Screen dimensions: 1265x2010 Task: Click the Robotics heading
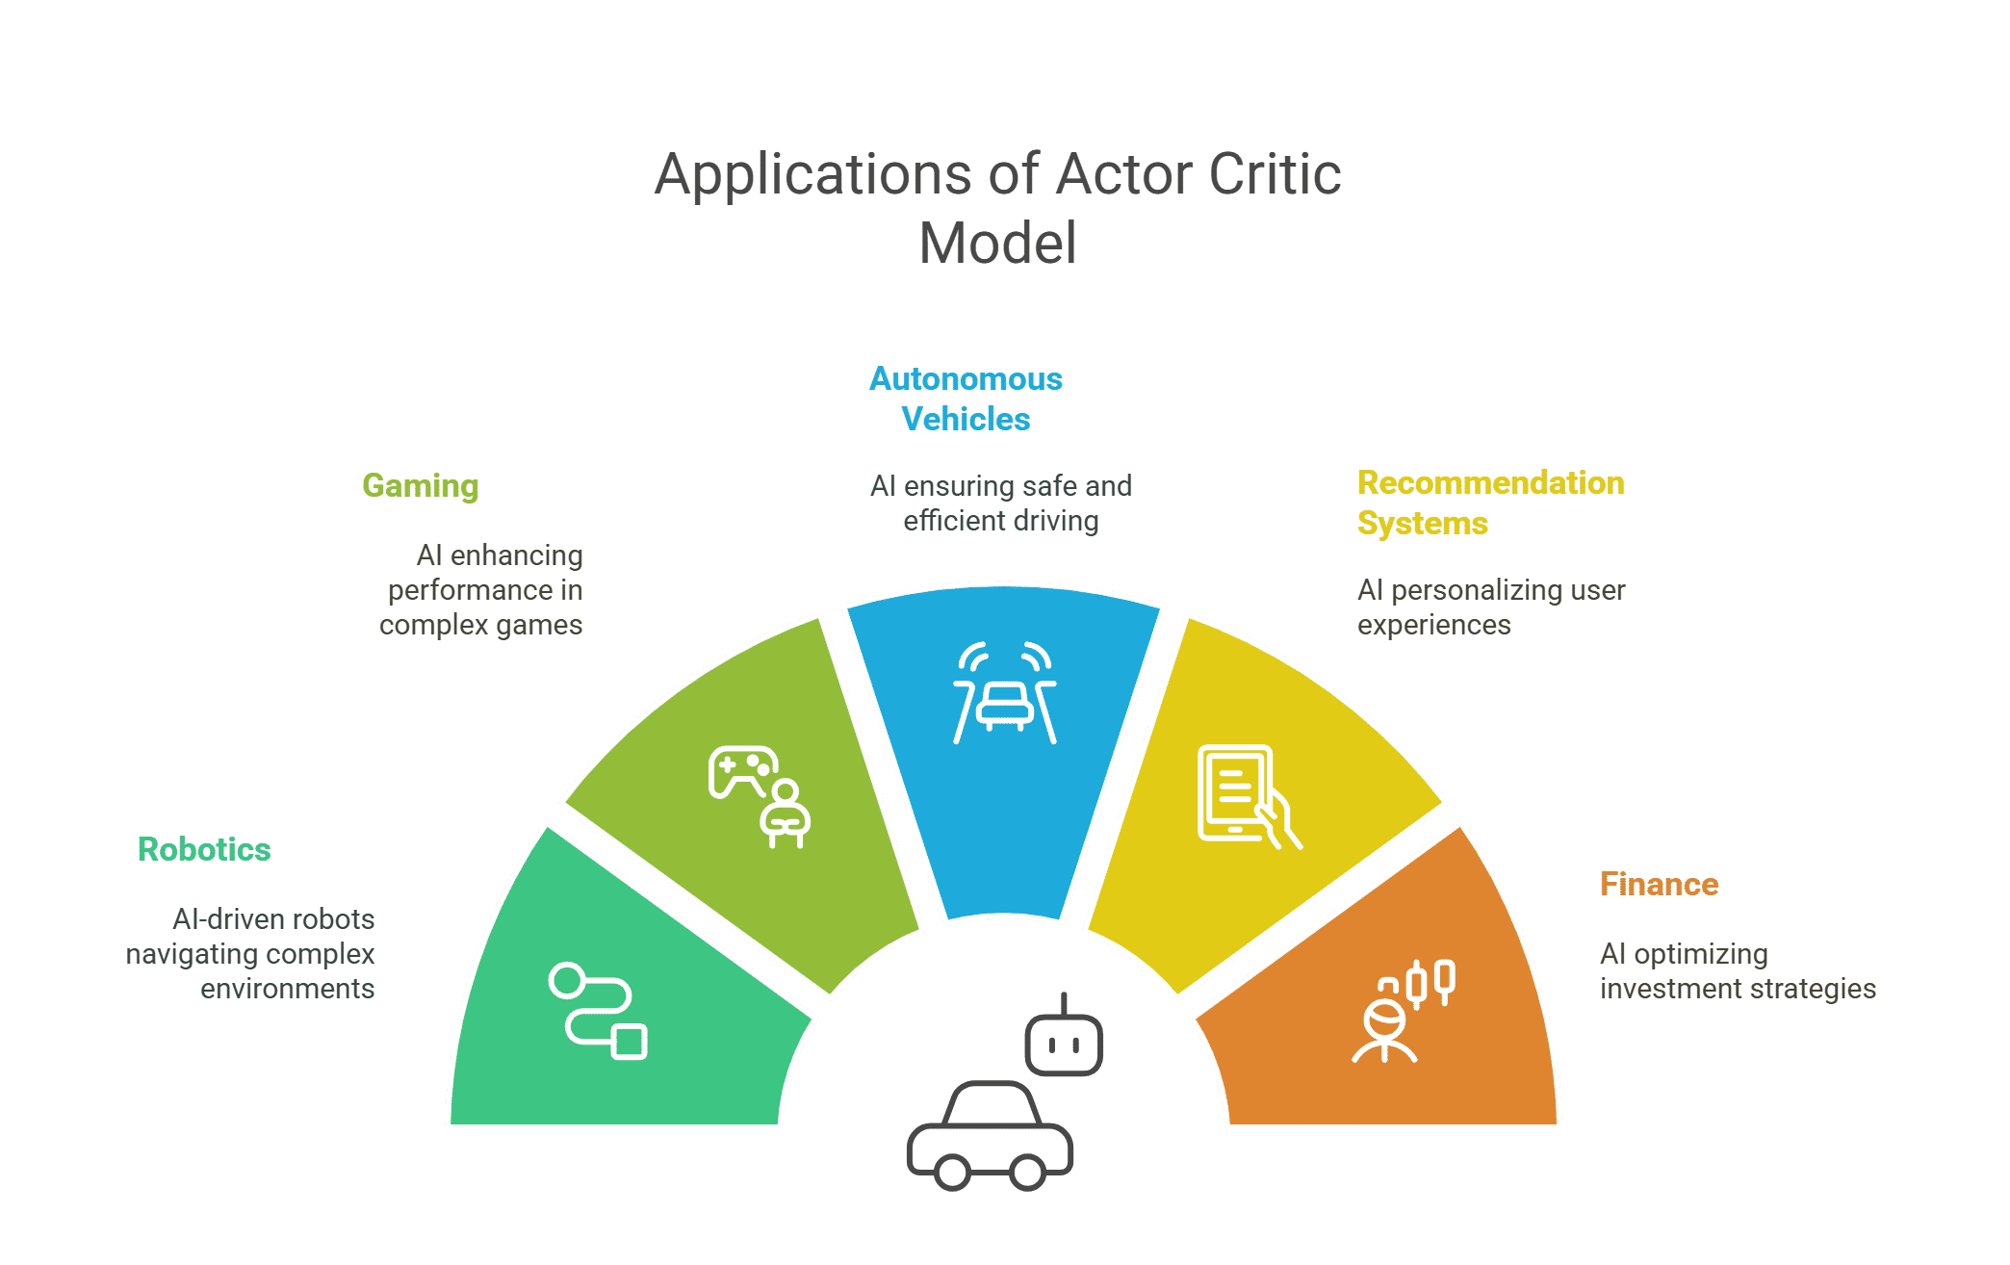(204, 850)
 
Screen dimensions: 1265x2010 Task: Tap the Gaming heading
(421, 486)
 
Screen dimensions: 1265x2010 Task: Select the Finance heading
(1659, 885)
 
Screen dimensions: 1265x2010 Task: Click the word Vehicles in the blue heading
(966, 420)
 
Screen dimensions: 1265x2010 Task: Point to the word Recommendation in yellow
(1490, 483)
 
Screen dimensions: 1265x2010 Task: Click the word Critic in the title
(1275, 175)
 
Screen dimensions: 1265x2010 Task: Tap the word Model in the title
(998, 243)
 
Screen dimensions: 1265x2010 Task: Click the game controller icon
(741, 771)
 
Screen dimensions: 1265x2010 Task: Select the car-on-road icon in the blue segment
(1005, 694)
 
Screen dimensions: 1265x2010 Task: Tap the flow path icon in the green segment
(598, 1010)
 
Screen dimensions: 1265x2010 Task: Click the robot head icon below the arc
(1064, 1039)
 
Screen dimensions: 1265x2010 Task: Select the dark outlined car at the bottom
(990, 1137)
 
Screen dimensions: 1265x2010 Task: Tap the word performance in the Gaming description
(470, 590)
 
